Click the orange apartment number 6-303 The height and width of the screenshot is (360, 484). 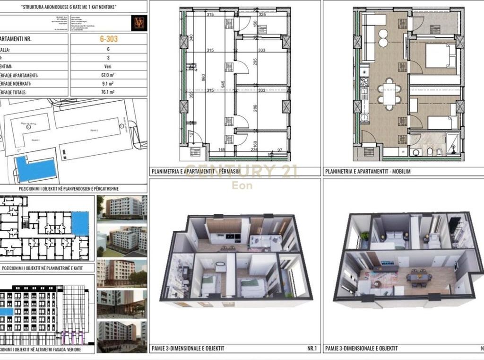click(108, 39)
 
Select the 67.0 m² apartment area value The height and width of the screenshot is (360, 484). click(108, 75)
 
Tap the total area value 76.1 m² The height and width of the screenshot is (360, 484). click(108, 92)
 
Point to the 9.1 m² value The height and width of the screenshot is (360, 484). click(108, 84)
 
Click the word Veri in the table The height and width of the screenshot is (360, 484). click(108, 67)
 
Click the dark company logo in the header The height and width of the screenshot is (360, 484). click(140, 23)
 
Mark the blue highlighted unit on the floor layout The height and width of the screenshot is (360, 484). click(80, 224)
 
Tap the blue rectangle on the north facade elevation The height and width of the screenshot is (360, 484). click(6, 312)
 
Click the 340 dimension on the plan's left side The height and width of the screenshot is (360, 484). click(191, 38)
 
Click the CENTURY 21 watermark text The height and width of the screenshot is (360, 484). click(242, 171)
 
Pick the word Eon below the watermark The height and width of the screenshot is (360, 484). click(242, 185)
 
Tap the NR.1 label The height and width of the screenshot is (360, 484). click(311, 349)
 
